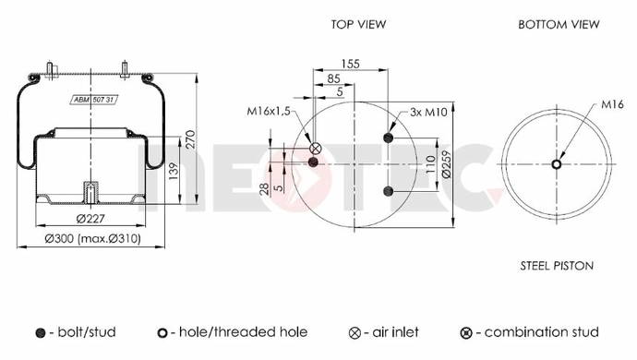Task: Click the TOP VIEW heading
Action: [358, 24]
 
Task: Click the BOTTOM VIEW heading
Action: [559, 24]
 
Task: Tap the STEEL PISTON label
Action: [557, 266]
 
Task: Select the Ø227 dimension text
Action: [90, 219]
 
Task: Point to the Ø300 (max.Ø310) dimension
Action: [92, 238]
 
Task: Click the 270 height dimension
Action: [190, 139]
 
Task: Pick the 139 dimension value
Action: [174, 172]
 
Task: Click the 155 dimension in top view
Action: [350, 64]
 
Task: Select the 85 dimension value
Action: [333, 78]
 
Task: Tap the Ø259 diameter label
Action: [446, 164]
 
